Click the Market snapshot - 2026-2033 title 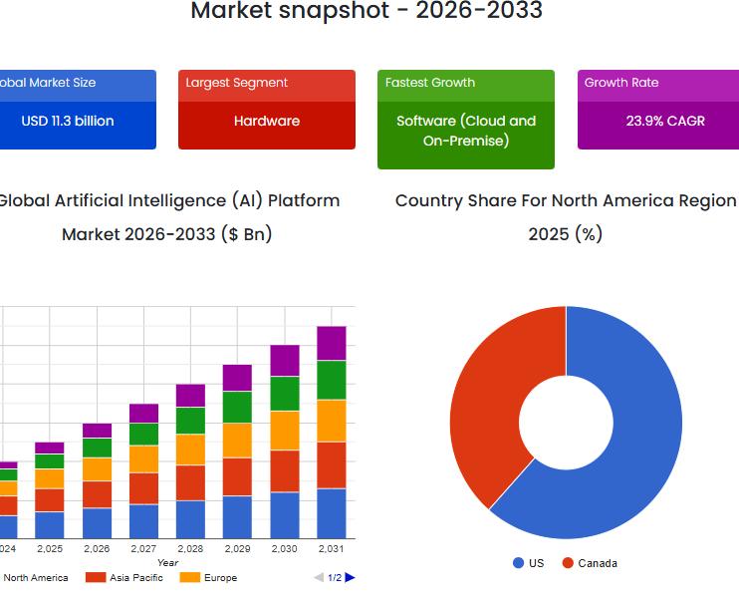pos(367,12)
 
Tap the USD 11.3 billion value pos(68,121)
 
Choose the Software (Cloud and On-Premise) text pos(466,131)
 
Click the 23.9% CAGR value pos(665,121)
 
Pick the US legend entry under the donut pos(529,563)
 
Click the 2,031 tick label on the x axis pos(332,549)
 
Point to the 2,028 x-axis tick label pos(190,549)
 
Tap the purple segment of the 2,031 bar pos(332,343)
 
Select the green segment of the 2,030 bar pos(285,393)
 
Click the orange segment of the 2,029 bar pos(237,440)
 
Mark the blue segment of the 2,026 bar pos(97,522)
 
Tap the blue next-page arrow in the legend pos(350,578)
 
